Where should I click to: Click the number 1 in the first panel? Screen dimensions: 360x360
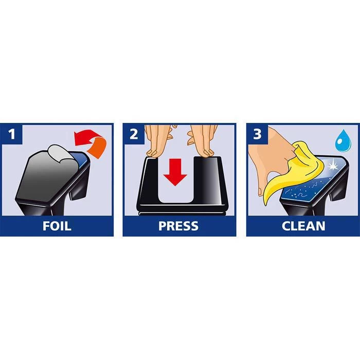[x=12, y=134]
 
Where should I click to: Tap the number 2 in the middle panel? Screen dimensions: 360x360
[x=134, y=134]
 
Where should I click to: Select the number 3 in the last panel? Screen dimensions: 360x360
[x=257, y=134]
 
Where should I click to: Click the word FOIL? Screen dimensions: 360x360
[x=57, y=226]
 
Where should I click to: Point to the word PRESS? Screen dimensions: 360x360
[x=178, y=226]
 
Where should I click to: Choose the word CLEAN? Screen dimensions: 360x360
[x=303, y=226]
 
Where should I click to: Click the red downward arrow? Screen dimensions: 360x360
[x=175, y=172]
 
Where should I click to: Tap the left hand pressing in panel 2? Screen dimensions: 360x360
[x=158, y=140]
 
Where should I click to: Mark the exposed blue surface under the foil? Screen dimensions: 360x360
[x=80, y=159]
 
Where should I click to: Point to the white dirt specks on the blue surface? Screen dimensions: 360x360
[x=298, y=192]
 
